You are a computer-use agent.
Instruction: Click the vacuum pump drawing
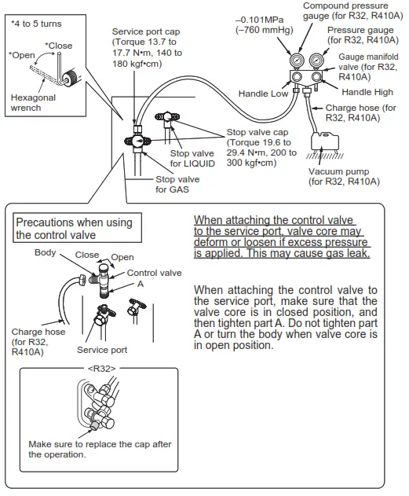[325, 141]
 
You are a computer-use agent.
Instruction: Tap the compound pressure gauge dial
[297, 61]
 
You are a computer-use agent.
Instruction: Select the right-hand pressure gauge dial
[316, 60]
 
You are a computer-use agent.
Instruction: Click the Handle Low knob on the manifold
[297, 77]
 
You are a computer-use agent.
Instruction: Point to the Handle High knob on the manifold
[316, 77]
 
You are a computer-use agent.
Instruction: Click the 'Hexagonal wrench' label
[33, 102]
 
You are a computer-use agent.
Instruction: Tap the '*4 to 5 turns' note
[36, 24]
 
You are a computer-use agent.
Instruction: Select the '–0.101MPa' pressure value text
[259, 20]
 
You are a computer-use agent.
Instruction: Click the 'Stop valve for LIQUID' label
[192, 158]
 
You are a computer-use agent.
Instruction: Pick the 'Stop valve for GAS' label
[177, 184]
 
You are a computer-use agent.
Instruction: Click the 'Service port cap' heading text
[146, 31]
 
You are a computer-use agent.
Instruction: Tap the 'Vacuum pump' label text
[338, 171]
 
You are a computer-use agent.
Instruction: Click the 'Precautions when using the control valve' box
[77, 228]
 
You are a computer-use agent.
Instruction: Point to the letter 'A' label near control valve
[141, 284]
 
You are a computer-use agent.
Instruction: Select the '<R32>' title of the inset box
[102, 368]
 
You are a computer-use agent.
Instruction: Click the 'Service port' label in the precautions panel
[102, 350]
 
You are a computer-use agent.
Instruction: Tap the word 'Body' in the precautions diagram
[46, 252]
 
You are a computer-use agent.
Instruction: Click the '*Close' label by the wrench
[58, 46]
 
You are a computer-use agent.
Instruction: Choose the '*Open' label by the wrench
[22, 55]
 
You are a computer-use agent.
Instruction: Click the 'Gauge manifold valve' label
[368, 67]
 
